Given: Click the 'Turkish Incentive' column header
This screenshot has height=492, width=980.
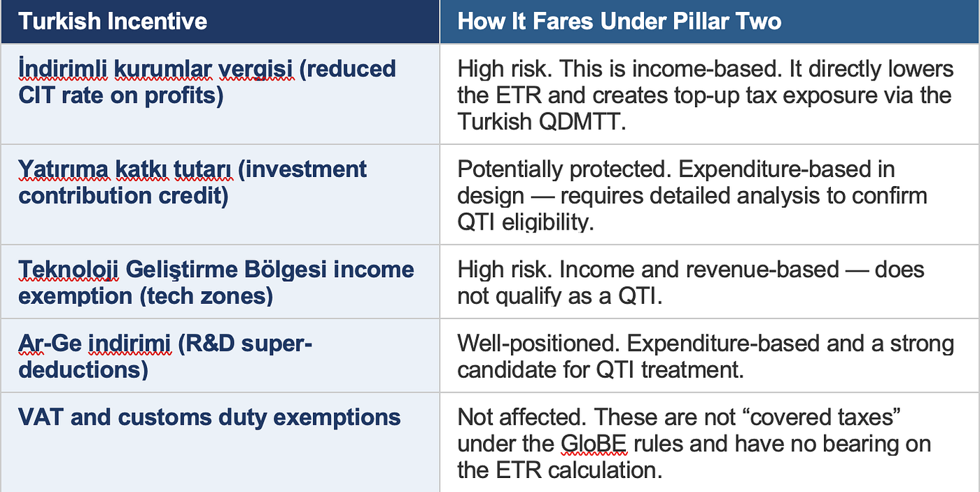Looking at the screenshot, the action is click(113, 22).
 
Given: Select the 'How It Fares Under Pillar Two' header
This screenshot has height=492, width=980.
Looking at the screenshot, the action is click(619, 22).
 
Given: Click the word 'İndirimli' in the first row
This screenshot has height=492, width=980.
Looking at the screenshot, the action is click(62, 69).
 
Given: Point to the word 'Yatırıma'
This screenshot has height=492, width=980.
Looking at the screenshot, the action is click(63, 169).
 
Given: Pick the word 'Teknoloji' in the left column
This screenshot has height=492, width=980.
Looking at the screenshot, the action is click(69, 270).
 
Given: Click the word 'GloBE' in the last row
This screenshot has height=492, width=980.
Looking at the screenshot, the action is click(594, 444).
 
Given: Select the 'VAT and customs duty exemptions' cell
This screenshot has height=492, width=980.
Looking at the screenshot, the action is click(209, 417).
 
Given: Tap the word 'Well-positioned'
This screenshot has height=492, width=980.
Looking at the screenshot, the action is click(536, 344).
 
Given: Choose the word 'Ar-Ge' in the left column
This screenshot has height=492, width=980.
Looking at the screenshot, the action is click(50, 344).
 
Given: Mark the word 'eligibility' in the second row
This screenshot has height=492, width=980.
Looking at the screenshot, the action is click(547, 222).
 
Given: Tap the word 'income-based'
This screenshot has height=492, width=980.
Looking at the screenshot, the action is click(707, 69).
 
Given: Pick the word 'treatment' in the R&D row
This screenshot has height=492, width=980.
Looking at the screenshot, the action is click(692, 370).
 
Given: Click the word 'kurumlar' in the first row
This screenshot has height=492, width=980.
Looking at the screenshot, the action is click(163, 69).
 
